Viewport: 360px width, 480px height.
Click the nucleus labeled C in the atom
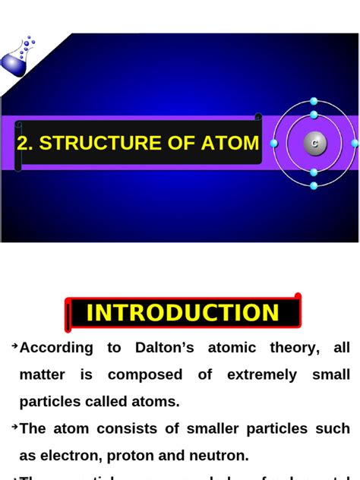point(314,143)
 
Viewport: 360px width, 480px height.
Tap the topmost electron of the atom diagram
point(314,101)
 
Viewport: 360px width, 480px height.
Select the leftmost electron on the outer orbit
point(274,143)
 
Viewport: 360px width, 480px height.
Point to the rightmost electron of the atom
point(355,143)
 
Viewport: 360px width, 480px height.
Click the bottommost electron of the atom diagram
point(314,185)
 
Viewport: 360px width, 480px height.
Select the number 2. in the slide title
point(25,144)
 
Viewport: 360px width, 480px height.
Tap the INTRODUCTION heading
point(182,313)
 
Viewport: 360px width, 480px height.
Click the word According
point(57,348)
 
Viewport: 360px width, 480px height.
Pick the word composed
point(145,375)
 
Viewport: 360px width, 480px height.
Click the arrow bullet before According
point(14,346)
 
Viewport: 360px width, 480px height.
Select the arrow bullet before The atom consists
point(14,428)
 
